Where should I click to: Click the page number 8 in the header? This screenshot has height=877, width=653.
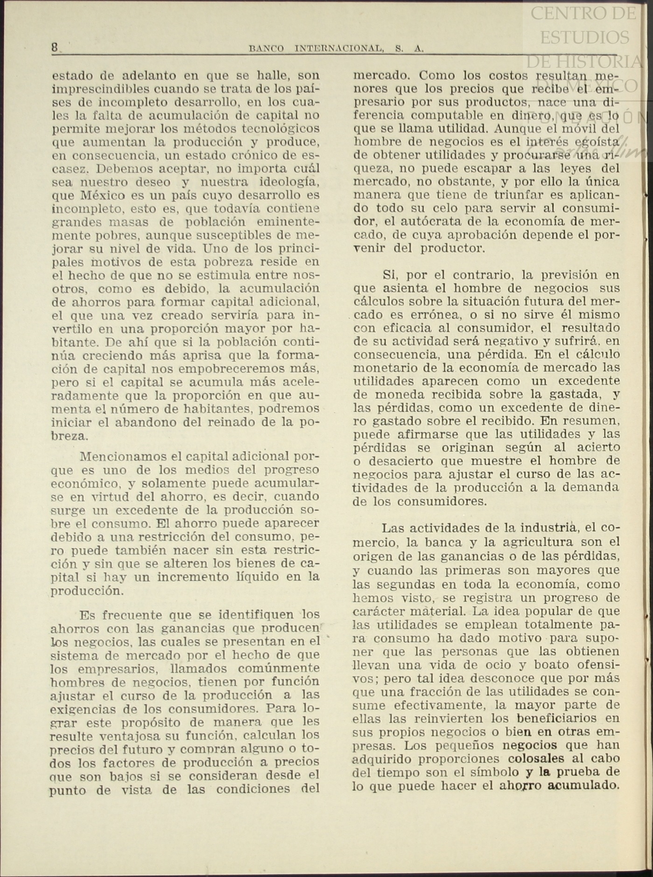(55, 47)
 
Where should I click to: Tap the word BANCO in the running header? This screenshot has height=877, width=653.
(266, 49)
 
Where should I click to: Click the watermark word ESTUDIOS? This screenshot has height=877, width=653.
(584, 37)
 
